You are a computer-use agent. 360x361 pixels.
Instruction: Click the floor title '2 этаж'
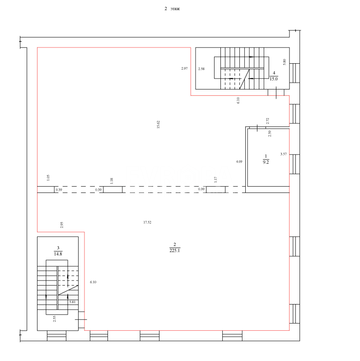pos(172,9)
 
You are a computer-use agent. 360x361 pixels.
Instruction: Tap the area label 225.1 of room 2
pos(175,250)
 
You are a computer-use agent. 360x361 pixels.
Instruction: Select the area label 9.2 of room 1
pos(266,162)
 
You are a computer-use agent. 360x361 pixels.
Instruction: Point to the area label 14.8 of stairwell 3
pos(58,254)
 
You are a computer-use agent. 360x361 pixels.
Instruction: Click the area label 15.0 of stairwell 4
pos(274,79)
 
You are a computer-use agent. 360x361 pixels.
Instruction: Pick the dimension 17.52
pos(147,222)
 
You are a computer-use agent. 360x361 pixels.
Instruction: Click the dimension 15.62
pos(158,124)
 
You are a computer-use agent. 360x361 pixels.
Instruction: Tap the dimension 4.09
pos(239,162)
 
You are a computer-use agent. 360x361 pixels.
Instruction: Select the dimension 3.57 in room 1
pos(284,154)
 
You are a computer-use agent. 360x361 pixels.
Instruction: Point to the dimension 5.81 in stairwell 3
pos(72,302)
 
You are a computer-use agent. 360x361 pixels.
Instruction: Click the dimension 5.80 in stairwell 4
pos(284,62)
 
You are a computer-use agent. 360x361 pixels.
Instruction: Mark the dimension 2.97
pos(184,68)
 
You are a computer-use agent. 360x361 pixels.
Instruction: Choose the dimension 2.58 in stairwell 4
pos(201,69)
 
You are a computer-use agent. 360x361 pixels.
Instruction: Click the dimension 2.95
pos(62,225)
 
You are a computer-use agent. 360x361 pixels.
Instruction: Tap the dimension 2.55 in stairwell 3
pos(54,319)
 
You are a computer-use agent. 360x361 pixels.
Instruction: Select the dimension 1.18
pos(112,181)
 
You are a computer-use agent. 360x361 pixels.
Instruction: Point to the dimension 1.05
pos(48,178)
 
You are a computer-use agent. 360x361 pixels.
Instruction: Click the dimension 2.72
pos(267,121)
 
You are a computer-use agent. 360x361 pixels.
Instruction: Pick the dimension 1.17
pos(215,179)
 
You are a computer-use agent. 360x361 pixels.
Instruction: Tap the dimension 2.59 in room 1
pos(270,134)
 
